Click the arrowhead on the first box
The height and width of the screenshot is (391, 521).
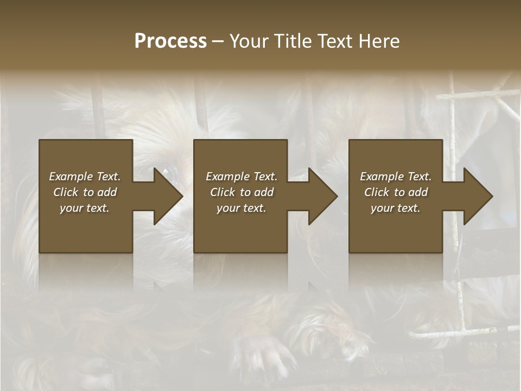coord(166,196)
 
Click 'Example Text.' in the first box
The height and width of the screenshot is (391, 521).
coord(85,176)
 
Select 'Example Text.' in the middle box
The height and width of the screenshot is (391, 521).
coord(242,176)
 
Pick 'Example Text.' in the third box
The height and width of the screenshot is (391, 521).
coord(396,176)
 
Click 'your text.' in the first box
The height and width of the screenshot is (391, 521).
coord(85,208)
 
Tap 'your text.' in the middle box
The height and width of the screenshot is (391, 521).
coord(242,208)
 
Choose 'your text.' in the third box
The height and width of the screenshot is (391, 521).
coord(396,208)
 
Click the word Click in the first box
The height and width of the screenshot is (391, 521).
coord(66,192)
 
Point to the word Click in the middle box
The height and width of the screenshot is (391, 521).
coord(223,192)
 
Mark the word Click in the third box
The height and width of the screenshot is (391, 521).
coord(377,192)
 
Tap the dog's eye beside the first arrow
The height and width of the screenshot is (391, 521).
coord(173,173)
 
